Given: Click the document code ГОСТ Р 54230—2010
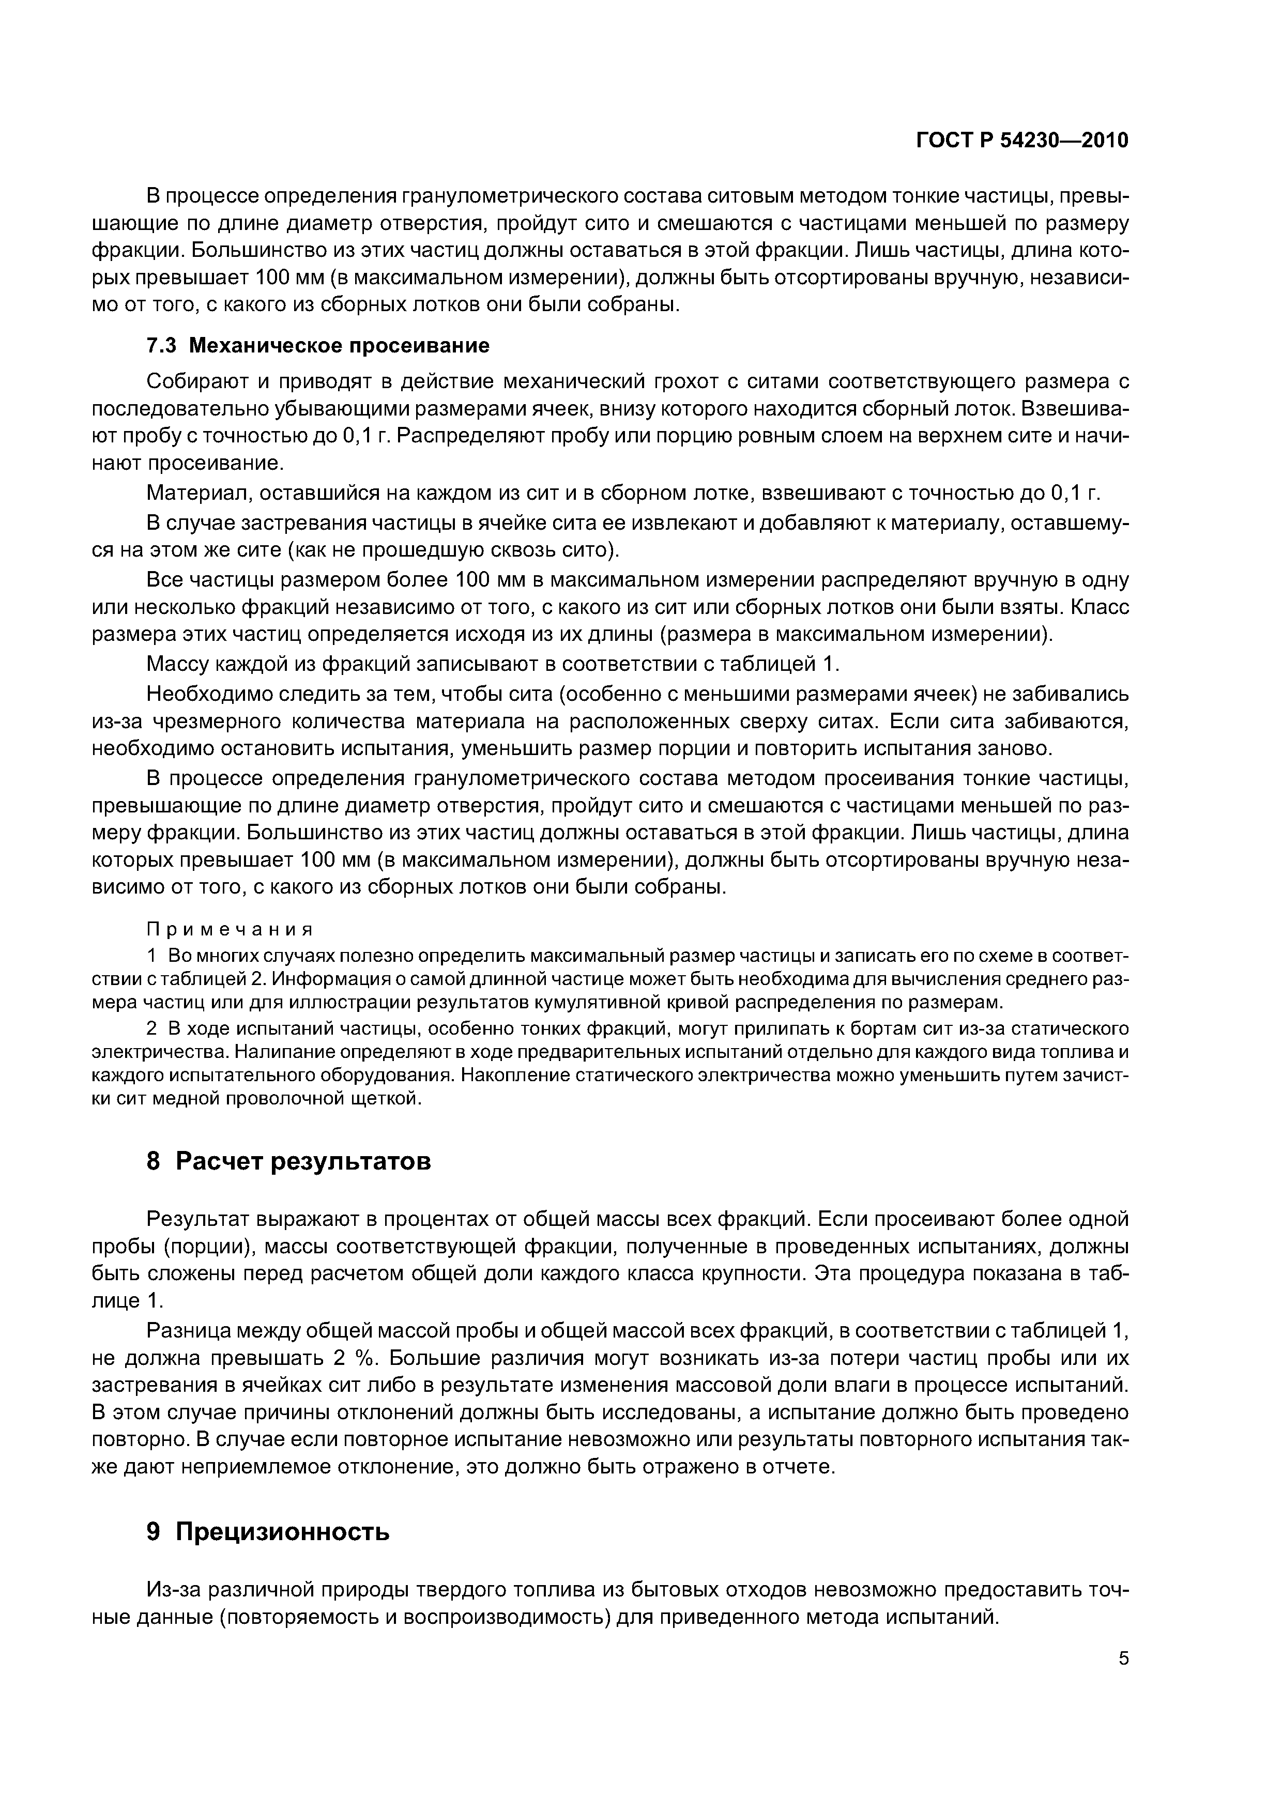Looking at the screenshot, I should pos(1022,141).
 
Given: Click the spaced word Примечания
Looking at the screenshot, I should pos(231,929).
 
